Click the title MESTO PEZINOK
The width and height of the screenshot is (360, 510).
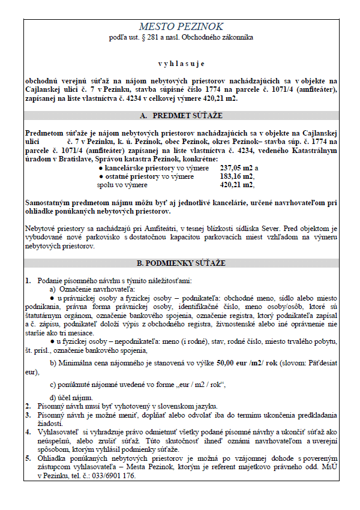pyautogui.click(x=181, y=26)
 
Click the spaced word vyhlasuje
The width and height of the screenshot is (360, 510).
pyautogui.click(x=181, y=63)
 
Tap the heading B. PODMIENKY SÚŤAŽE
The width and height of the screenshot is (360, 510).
pyautogui.click(x=181, y=263)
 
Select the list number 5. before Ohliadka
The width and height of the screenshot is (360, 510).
pyautogui.click(x=29, y=458)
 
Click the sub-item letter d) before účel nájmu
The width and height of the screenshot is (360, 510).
pyautogui.click(x=53, y=397)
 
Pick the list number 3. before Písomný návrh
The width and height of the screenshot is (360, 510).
pyautogui.click(x=29, y=414)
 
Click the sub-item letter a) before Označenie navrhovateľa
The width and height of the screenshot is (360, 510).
pyautogui.click(x=53, y=289)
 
